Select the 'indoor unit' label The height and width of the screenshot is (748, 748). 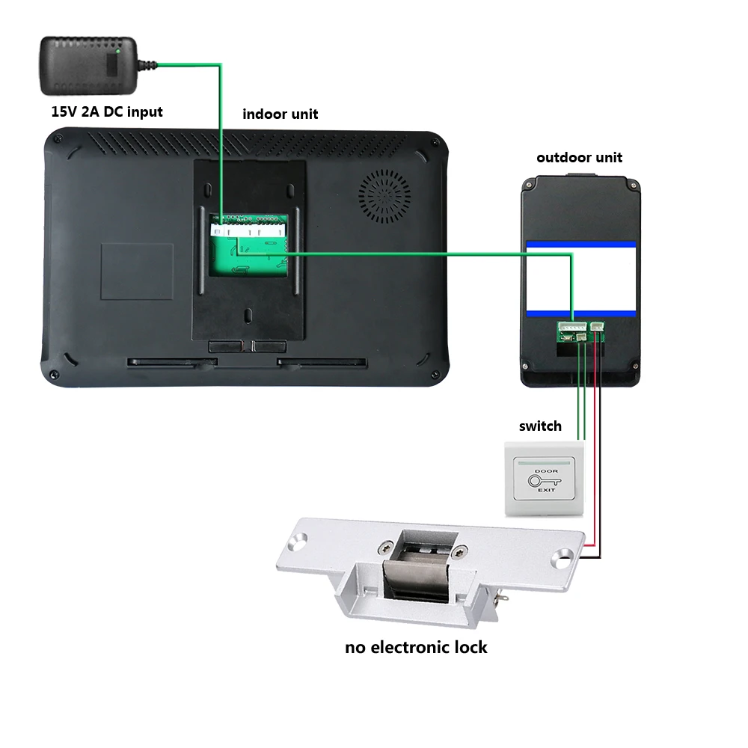point(280,114)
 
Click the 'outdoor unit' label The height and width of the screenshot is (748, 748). point(579,158)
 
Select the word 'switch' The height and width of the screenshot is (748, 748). point(540,426)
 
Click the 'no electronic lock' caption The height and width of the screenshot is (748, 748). point(416,647)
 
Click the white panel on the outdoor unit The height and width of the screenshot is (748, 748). point(580,278)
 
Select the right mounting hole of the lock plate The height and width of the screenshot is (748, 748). point(563,558)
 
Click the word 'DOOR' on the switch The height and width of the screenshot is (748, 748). point(546,471)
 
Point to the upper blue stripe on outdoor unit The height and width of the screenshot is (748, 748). point(580,245)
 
